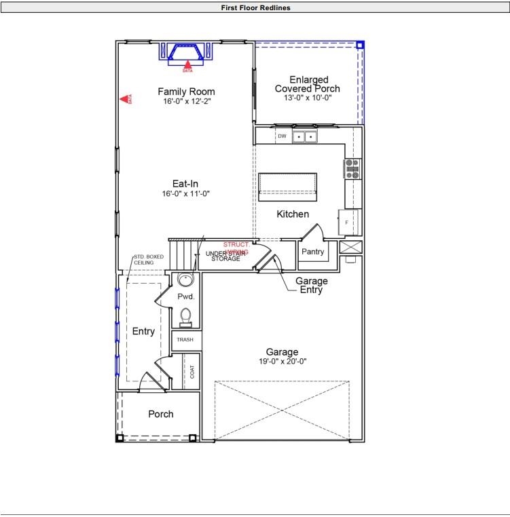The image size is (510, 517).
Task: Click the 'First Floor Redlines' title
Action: [255, 7]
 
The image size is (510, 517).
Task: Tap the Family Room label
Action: [186, 92]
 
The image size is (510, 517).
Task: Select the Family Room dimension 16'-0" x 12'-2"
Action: [186, 102]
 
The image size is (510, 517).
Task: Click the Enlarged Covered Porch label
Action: [307, 84]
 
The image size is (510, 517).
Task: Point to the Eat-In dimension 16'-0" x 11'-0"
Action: [185, 193]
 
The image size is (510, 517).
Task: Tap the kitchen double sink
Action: [305, 137]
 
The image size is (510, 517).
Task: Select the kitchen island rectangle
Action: [288, 185]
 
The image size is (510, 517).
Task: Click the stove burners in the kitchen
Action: [352, 168]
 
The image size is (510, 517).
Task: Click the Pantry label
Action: [313, 252]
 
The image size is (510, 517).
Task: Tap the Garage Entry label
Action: [311, 285]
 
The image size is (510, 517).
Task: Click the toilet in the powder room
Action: [185, 317]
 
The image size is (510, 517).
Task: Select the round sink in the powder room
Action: [185, 280]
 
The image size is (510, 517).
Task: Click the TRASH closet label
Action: [185, 340]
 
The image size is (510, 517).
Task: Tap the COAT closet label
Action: [192, 371]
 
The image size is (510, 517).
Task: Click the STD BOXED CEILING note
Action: [147, 260]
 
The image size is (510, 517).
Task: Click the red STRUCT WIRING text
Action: [236, 248]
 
